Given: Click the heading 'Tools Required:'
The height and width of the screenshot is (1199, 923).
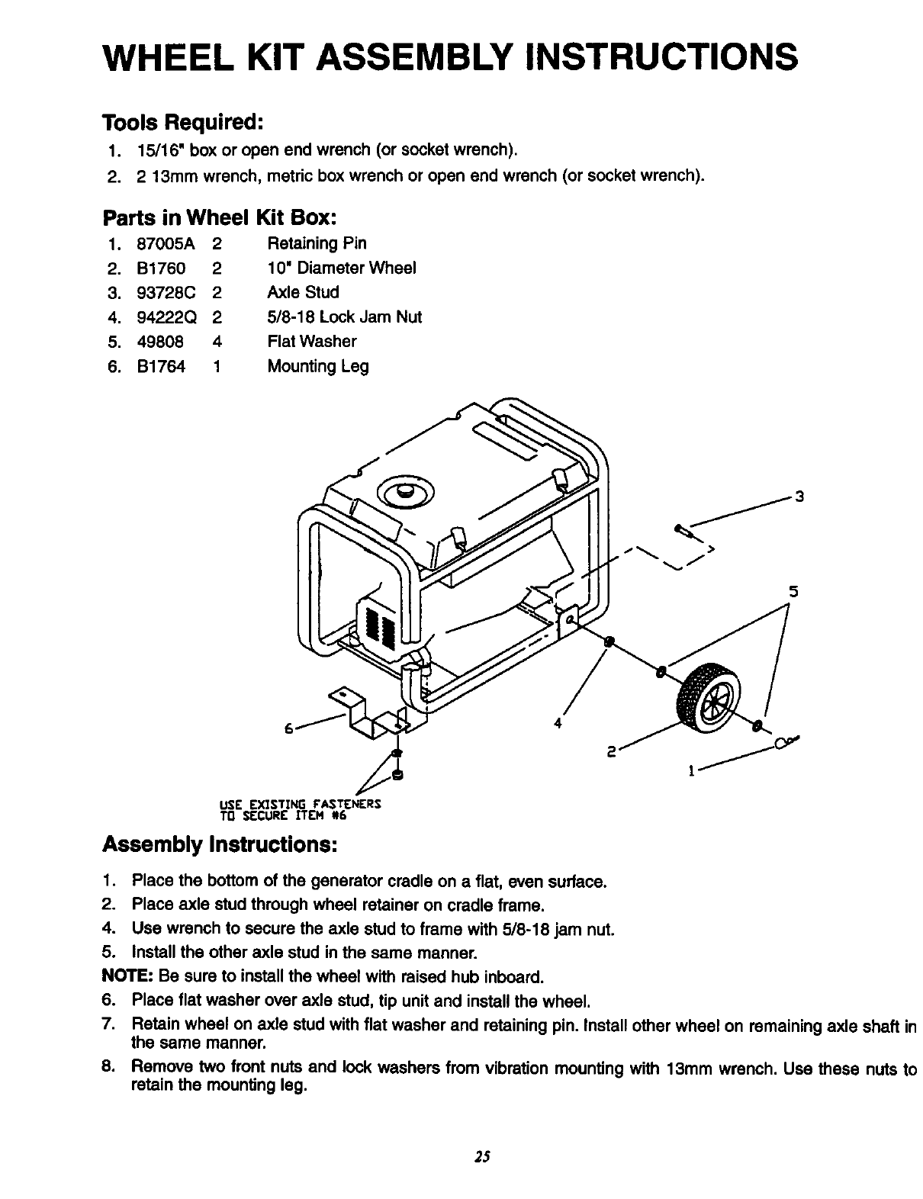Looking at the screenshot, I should point(183,122).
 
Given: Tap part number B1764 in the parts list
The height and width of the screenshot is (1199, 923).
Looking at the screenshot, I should point(161,366).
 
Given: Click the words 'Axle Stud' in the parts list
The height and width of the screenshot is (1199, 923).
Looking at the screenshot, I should point(303,292).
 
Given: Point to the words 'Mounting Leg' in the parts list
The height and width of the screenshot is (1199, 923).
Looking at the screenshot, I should point(317,366).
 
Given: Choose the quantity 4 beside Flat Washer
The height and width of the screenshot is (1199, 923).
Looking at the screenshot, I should point(217,342).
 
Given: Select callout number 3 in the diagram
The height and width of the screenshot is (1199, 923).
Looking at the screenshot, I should point(799,498).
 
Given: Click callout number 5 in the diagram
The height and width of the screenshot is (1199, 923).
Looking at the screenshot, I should point(793,591).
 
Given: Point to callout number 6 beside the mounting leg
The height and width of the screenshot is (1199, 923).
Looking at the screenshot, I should point(289,728).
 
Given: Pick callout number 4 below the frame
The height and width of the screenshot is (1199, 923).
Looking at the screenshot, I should point(558,723).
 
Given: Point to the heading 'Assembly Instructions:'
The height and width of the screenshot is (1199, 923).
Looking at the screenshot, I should point(220,846).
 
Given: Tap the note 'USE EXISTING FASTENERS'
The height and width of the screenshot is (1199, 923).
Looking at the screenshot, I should point(300,804).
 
